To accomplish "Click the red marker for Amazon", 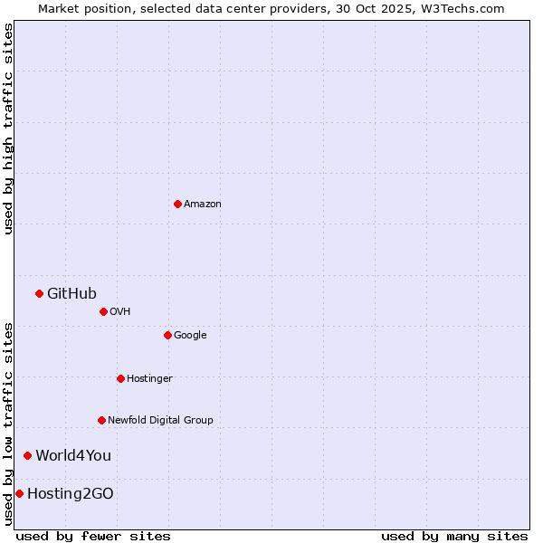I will [x=177, y=204].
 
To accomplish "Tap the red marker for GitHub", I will [x=39, y=293].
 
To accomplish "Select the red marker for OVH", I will [x=103, y=311].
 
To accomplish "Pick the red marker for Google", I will [x=167, y=335].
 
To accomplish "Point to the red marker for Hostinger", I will [x=120, y=378].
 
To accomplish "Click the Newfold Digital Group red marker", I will [x=101, y=420].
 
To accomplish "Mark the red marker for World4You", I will [x=27, y=455].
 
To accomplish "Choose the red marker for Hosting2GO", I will [x=19, y=493].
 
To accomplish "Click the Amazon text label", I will [x=203, y=205].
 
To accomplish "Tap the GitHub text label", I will [x=71, y=293].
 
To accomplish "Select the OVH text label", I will [x=120, y=312].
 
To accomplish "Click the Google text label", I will [x=190, y=336].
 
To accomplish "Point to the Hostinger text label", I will [x=149, y=379].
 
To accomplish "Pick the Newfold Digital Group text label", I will [x=160, y=421].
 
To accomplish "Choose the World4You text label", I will [x=73, y=455].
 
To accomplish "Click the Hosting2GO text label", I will [x=71, y=494].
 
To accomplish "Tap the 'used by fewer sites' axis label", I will [x=93, y=536].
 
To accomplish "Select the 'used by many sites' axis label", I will [x=454, y=536].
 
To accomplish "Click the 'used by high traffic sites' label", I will [x=8, y=129].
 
